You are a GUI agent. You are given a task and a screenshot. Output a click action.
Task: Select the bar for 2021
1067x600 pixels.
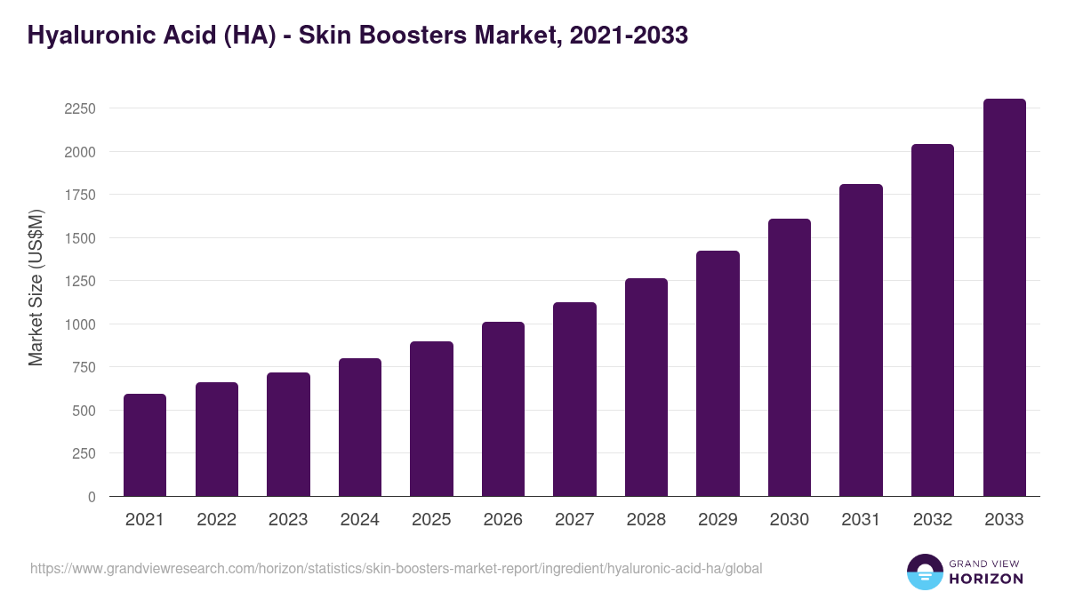coord(145,444)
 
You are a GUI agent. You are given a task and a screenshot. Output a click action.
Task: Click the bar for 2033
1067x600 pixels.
coord(1004,298)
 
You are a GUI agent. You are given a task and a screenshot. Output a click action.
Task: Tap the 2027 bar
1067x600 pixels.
coord(574,399)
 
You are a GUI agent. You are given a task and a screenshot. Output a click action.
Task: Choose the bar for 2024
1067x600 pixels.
coord(360,427)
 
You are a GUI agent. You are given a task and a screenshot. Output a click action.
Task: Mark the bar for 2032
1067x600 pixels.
coord(933,320)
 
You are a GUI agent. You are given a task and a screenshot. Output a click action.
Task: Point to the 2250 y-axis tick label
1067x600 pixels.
coord(80,108)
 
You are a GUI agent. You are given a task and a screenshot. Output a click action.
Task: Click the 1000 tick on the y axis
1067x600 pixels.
coord(80,324)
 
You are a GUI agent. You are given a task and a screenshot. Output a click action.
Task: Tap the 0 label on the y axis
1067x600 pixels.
coord(92,497)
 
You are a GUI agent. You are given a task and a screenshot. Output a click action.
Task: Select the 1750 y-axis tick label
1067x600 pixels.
coord(80,195)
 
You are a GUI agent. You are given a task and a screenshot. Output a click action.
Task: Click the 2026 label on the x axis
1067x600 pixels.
coord(503,520)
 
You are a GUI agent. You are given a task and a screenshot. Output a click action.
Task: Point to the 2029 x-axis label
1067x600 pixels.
coord(718,520)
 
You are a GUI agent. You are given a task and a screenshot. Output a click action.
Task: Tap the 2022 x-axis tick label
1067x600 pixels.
coord(217,520)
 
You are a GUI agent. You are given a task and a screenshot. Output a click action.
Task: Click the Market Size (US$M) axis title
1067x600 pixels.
coord(36,286)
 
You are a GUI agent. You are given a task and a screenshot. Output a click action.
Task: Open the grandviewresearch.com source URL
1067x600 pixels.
coord(396,568)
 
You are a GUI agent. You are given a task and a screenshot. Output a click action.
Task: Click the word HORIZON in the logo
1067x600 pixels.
coord(986,579)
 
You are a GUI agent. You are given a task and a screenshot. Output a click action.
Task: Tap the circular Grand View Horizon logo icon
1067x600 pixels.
coord(925,572)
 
